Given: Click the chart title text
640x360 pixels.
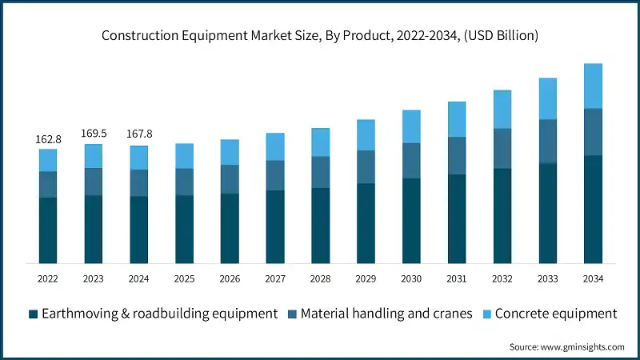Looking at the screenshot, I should (x=320, y=35).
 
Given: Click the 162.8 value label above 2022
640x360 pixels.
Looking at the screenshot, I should (x=47, y=139).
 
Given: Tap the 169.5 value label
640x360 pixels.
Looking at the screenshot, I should (x=93, y=134).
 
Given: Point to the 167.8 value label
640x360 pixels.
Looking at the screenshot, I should (x=138, y=134).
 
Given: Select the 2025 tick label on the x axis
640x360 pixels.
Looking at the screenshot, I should (x=184, y=278).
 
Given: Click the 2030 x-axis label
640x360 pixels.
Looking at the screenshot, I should (x=411, y=278).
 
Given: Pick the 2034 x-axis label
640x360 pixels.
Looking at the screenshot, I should (x=593, y=278).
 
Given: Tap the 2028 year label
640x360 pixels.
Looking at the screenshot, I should (x=320, y=278).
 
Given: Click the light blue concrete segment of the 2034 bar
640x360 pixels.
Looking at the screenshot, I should (x=593, y=86).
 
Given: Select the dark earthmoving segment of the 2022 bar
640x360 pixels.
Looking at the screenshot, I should (x=47, y=230).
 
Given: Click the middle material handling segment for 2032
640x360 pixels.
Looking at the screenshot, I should (x=502, y=148).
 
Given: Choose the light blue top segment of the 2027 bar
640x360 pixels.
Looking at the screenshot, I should (x=274, y=146).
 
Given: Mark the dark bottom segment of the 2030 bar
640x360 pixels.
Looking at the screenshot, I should (x=411, y=221).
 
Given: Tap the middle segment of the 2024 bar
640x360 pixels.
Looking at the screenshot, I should (x=138, y=182).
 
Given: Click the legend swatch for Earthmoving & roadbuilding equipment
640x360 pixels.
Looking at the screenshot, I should (x=33, y=314).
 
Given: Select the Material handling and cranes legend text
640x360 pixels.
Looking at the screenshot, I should (x=386, y=314).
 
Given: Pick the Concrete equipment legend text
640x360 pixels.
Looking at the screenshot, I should (x=556, y=314).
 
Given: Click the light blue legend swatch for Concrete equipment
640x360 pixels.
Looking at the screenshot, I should (x=487, y=314).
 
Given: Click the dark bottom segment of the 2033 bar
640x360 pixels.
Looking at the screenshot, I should (x=547, y=214).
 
